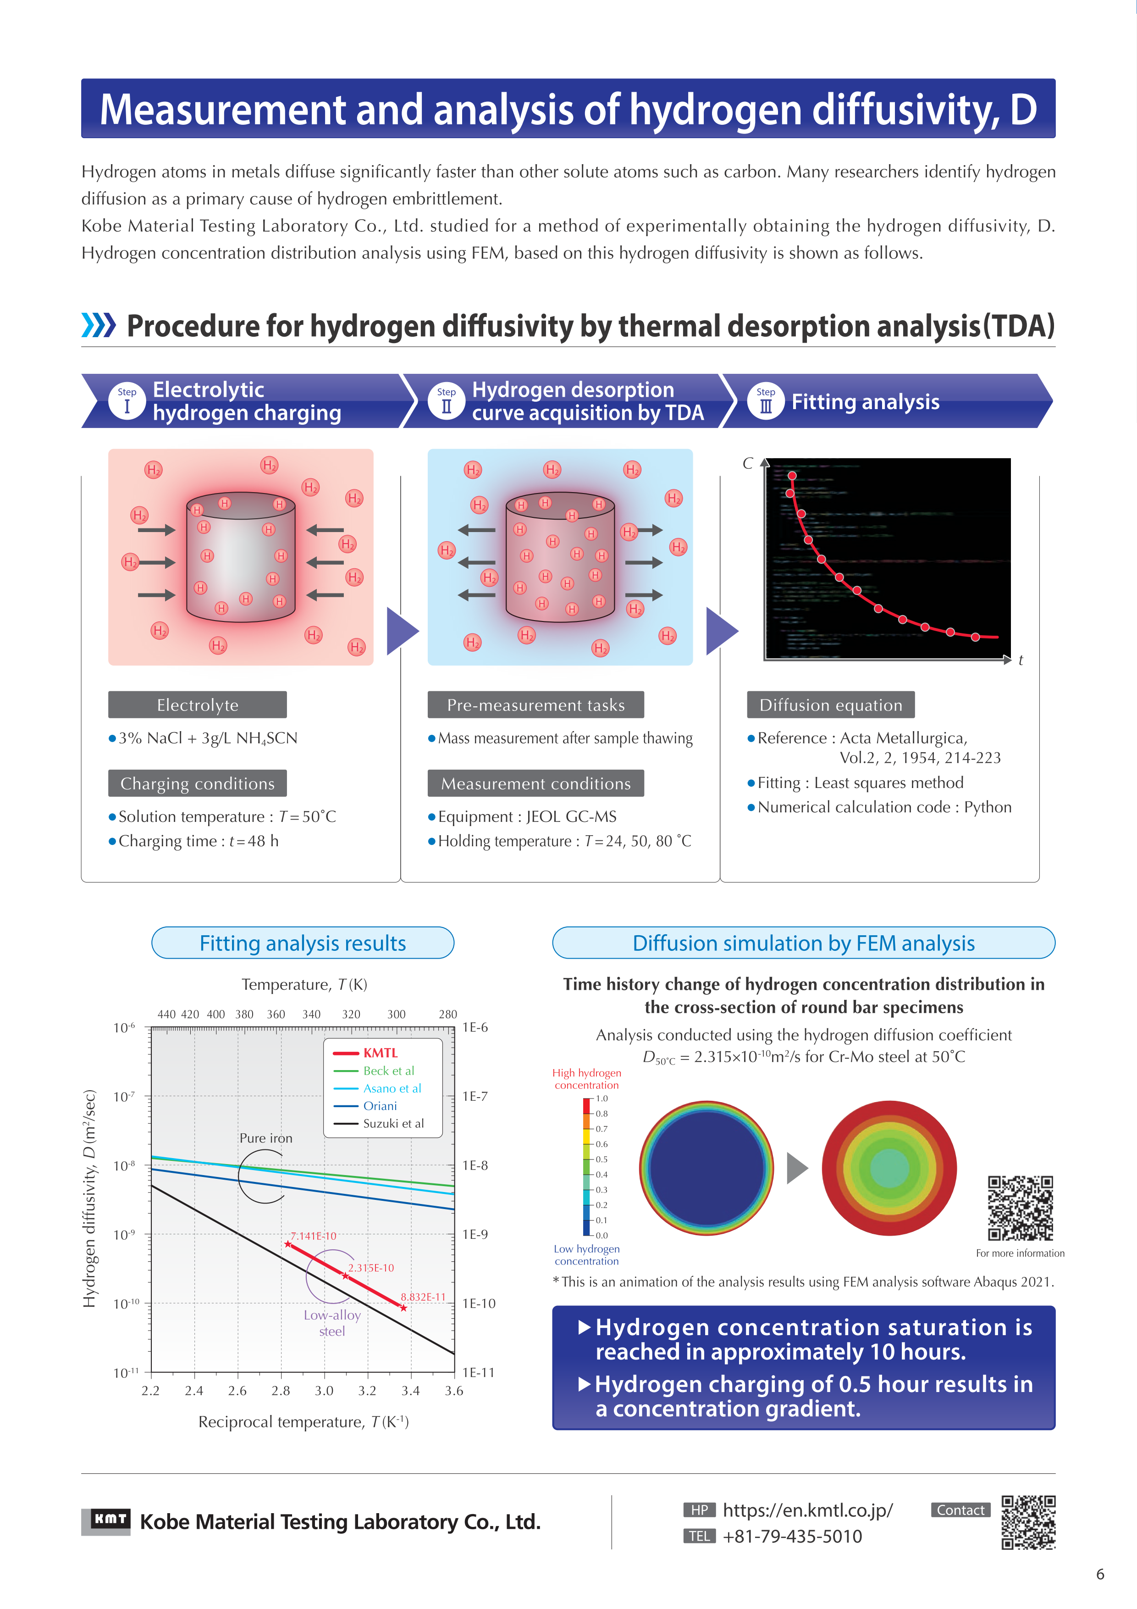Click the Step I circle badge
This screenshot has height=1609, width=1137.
click(x=127, y=401)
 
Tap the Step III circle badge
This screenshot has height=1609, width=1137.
click(x=766, y=401)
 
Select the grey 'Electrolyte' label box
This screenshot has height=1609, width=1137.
click(x=198, y=705)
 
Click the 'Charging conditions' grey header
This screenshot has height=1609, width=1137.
click(x=198, y=783)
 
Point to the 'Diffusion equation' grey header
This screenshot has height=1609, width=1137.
click(x=831, y=705)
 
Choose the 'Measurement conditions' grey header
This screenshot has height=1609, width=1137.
click(x=536, y=783)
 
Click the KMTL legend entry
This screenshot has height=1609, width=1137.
click(x=380, y=1053)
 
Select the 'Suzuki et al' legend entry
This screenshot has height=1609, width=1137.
click(x=393, y=1123)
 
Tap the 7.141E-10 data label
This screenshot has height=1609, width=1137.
click(x=313, y=1236)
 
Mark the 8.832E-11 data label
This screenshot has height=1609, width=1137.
click(x=423, y=1297)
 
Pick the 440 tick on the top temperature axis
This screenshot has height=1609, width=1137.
click(x=167, y=1015)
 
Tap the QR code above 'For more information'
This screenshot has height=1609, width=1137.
click(x=1020, y=1208)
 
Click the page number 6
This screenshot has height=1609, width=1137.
click(x=1100, y=1575)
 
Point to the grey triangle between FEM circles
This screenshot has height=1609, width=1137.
click(x=796, y=1168)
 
